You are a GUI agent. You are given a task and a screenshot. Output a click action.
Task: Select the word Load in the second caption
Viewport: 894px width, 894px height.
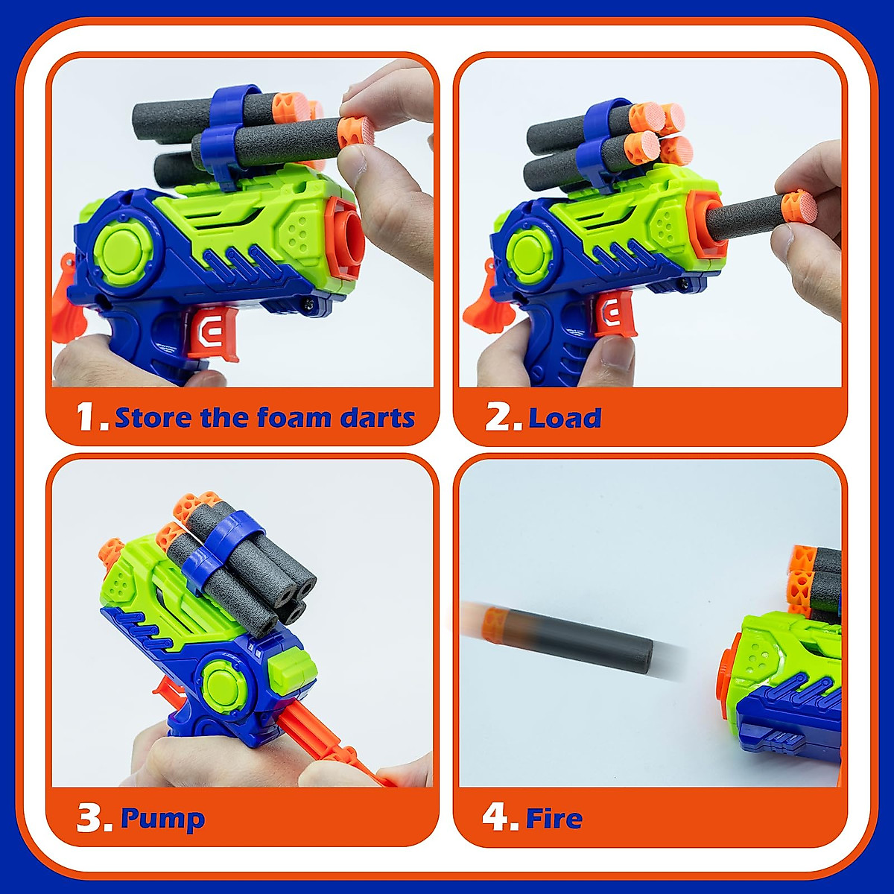565,418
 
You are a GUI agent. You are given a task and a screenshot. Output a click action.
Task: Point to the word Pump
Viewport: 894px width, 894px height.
162,819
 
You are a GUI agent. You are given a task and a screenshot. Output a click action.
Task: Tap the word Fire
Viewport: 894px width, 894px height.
554,819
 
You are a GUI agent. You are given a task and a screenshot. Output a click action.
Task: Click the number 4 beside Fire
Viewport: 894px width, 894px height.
497,818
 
